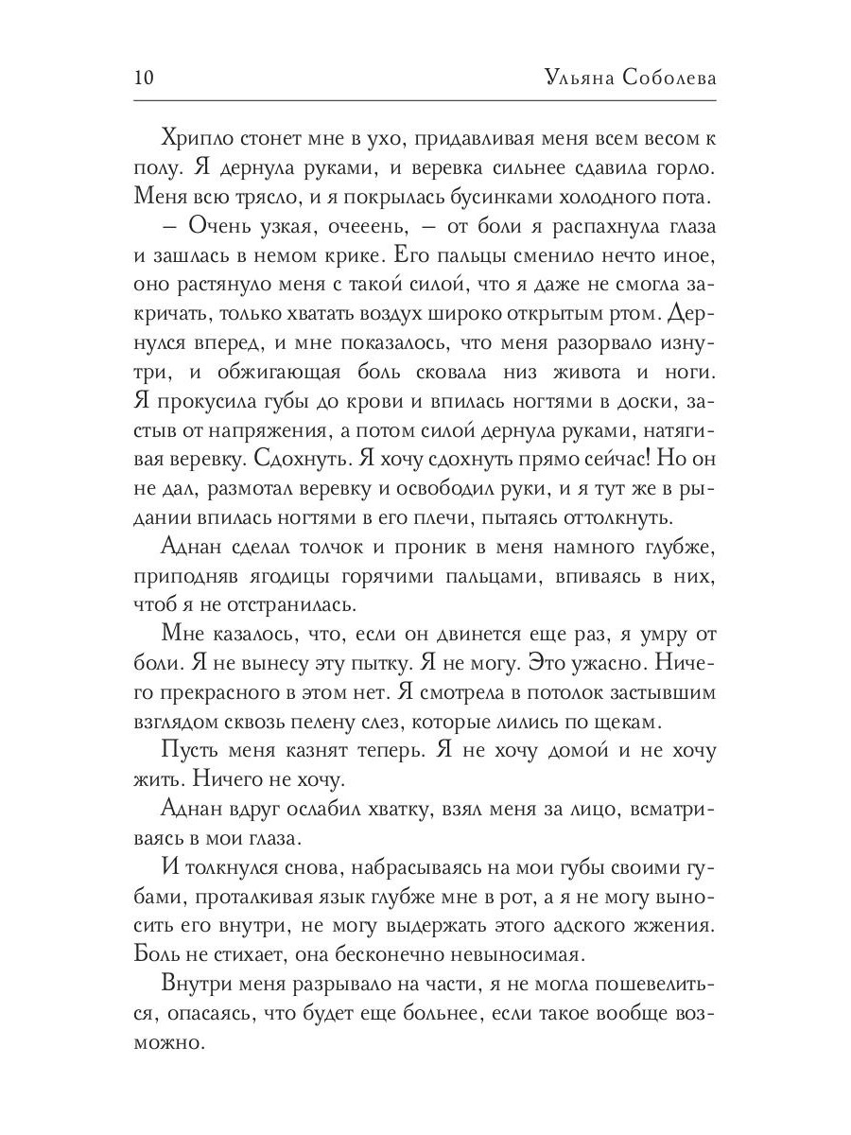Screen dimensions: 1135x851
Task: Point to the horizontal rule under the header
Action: (x=425, y=99)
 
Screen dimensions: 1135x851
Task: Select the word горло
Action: (x=689, y=169)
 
